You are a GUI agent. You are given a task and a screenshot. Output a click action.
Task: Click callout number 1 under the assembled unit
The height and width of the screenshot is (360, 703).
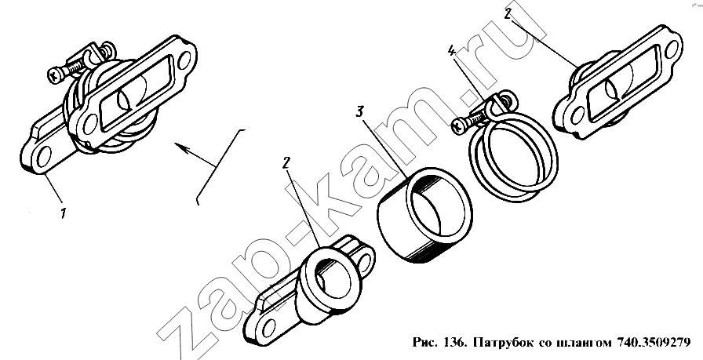[64, 213]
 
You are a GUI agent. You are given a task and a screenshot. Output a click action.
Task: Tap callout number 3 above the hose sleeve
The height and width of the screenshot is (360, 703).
[359, 112]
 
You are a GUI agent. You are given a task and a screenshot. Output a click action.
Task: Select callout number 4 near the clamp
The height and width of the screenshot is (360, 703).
[451, 51]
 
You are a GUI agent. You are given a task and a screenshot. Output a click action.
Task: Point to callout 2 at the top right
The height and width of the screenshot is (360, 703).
[508, 14]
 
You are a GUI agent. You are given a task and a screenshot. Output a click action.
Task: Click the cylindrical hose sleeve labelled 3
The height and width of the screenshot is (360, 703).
[424, 214]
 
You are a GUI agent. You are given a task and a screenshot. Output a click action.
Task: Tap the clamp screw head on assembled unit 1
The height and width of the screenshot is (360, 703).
[56, 75]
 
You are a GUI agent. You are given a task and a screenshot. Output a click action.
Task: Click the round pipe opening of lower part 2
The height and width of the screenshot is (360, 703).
[334, 280]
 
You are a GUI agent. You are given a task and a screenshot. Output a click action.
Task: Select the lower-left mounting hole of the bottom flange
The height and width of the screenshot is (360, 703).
[268, 329]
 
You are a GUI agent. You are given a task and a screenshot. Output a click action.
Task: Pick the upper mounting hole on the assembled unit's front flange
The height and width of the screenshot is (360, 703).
[184, 60]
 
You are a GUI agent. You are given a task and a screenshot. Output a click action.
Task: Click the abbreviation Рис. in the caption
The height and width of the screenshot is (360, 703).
[424, 343]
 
